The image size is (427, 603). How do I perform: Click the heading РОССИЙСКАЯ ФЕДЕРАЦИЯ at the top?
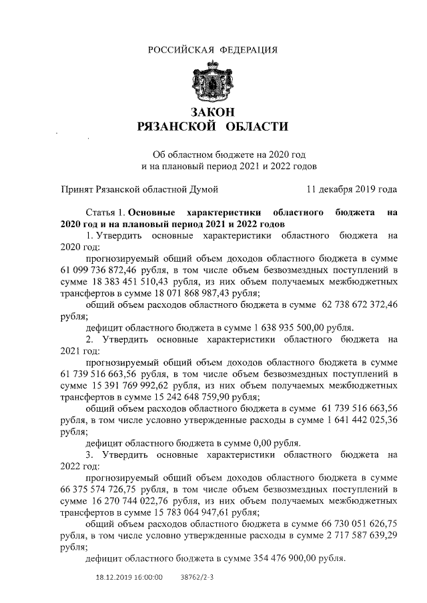coord(213,50)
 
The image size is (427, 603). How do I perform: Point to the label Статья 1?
coord(105,212)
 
